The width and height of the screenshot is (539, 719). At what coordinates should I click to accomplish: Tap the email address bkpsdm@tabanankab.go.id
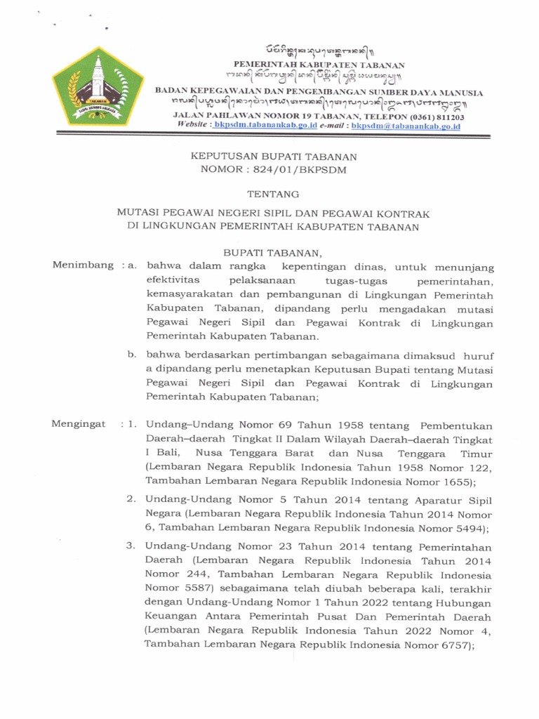[405, 126]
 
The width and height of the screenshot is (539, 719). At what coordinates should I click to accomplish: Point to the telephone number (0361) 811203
[431, 117]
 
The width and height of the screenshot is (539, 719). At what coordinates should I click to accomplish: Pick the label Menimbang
[83, 265]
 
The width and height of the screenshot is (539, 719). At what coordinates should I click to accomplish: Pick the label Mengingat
[79, 424]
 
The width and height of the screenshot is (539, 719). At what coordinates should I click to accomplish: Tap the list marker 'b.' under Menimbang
[131, 355]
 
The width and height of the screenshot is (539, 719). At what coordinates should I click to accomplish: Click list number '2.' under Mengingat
[131, 499]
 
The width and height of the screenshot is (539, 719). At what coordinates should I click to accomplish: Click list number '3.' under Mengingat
[131, 546]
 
